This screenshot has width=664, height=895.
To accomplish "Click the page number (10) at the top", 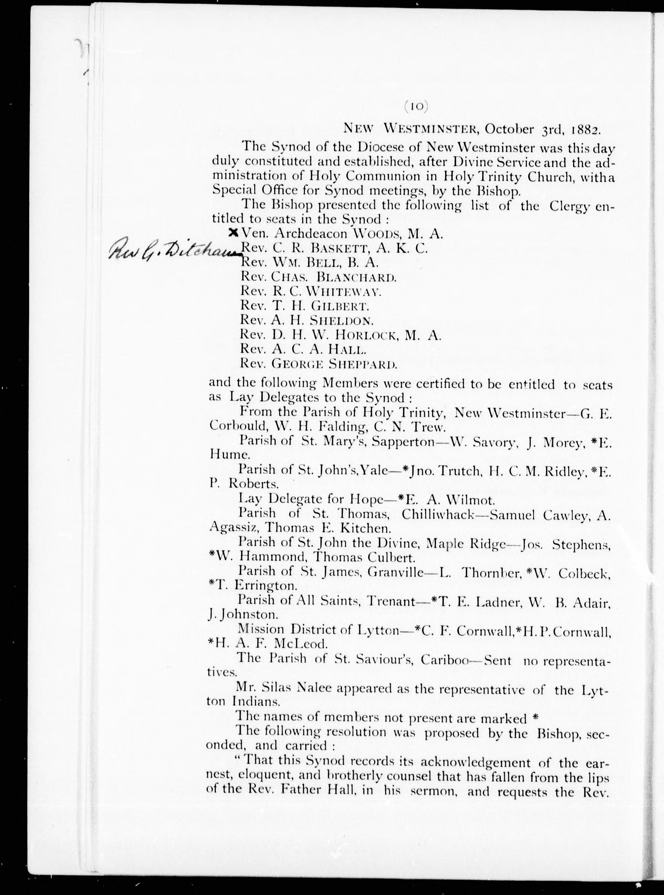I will [x=416, y=106].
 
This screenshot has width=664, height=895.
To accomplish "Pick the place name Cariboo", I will [x=444, y=660].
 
